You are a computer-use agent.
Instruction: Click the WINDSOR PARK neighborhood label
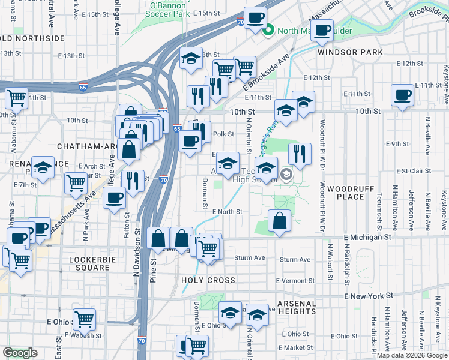click(x=350, y=52)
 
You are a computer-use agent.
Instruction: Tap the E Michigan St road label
click(x=368, y=238)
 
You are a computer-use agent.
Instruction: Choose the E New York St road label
click(x=369, y=296)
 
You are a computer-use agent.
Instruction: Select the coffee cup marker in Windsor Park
click(x=322, y=30)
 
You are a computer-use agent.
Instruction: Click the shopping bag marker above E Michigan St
click(x=279, y=221)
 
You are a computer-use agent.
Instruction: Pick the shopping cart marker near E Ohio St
click(x=84, y=319)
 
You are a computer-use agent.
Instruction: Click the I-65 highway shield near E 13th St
click(x=82, y=88)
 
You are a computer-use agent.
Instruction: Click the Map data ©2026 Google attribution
click(x=411, y=355)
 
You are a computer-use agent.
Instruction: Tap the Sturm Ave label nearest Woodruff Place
click(x=297, y=259)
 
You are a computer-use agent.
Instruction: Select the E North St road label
click(x=228, y=212)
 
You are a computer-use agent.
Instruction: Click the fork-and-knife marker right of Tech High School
click(x=300, y=154)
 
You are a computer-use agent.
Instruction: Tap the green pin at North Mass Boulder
click(x=270, y=30)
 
